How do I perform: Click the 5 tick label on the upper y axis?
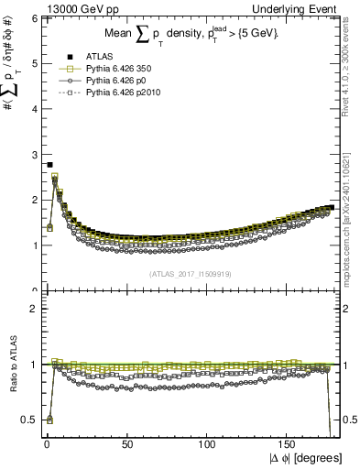click(32, 63)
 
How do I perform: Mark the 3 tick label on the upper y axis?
click(32, 154)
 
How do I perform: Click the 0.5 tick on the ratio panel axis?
click(28, 420)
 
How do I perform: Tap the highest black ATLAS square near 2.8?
click(49, 165)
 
